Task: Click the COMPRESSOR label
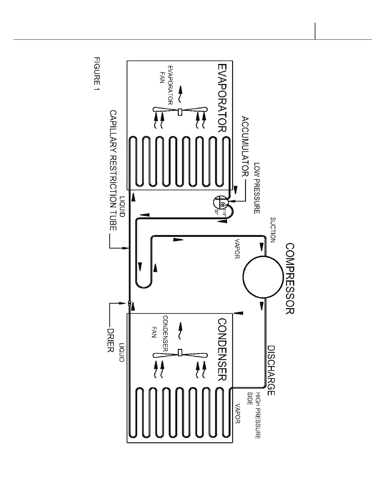point(289,278)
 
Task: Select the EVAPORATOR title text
point(222,98)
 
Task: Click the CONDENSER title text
point(222,350)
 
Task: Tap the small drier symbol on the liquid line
point(130,304)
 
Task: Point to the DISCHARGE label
point(271,370)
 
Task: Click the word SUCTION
point(273,230)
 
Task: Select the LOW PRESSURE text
point(257,188)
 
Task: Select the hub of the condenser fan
point(180,353)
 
